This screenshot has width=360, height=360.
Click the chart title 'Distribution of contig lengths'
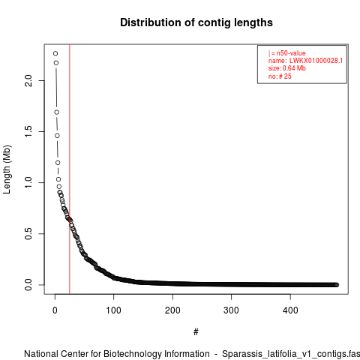click(196, 22)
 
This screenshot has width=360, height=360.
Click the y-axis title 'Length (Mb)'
click(7, 169)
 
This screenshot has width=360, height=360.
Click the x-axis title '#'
click(196, 332)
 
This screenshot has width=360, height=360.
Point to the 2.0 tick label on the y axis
click(28, 80)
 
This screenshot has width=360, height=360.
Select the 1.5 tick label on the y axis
click(28, 131)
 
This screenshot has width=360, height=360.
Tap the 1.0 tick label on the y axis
click(28, 182)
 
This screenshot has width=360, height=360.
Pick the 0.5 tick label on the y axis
click(28, 233)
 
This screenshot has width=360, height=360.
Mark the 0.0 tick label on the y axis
click(28, 285)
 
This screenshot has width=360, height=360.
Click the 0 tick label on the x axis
click(55, 310)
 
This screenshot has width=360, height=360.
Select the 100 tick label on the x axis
click(114, 310)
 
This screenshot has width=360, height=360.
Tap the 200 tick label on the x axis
click(172, 310)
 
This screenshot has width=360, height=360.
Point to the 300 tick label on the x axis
click(231, 310)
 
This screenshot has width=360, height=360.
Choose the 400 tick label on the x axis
click(290, 310)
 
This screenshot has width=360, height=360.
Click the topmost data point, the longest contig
click(55, 53)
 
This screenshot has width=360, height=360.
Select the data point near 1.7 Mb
click(57, 112)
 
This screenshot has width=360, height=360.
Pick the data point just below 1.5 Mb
click(57, 136)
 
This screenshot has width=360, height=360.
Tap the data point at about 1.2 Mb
click(58, 163)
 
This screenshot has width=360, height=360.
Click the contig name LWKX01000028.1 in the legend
click(316, 61)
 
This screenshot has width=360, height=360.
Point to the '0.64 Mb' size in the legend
click(294, 68)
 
